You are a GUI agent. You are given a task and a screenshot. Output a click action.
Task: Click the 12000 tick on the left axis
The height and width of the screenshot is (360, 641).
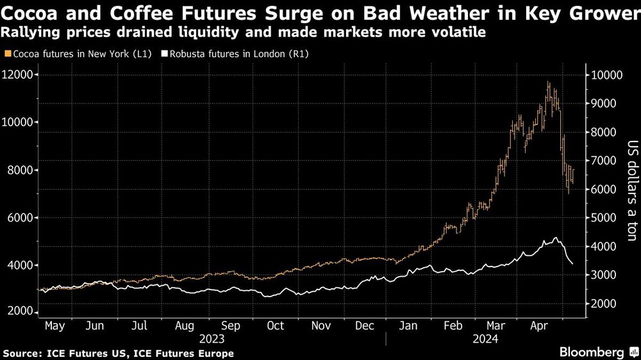[x=17, y=75]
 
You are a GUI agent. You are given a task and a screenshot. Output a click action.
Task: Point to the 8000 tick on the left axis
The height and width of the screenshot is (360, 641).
[x=19, y=170]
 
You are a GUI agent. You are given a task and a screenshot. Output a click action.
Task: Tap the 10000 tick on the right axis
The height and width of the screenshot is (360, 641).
[x=606, y=75]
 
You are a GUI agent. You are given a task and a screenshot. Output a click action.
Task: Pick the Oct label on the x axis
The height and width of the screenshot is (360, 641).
[x=275, y=326]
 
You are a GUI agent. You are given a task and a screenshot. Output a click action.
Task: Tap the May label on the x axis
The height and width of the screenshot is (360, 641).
[x=54, y=326]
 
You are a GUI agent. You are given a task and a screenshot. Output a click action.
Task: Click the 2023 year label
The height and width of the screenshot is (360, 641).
[x=212, y=338]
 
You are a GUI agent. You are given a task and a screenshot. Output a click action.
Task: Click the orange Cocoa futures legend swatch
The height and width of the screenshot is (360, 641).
[x=7, y=54]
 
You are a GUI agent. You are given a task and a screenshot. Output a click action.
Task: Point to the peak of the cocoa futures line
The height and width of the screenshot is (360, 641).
[x=548, y=82]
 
